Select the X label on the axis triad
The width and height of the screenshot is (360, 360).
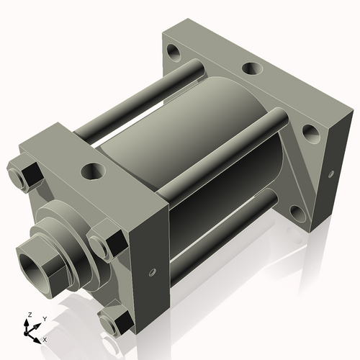[45, 338]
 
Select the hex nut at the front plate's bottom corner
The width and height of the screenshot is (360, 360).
[114, 324]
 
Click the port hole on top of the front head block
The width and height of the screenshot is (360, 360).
[93, 171]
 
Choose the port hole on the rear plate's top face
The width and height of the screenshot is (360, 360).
[251, 68]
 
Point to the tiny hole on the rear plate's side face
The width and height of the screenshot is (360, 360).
[332, 173]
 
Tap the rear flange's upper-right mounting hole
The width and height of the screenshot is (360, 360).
[309, 132]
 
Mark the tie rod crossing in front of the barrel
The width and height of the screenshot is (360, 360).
[216, 155]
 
